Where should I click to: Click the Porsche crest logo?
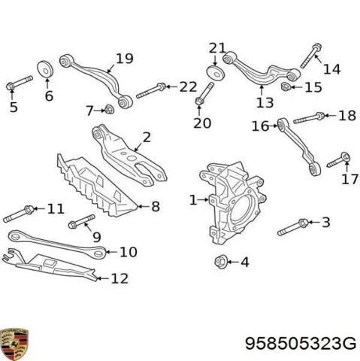14,344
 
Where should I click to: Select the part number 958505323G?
301,343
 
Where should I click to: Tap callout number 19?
125,59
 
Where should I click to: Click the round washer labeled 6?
45,69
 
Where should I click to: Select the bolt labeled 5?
20,83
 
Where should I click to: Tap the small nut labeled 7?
109,109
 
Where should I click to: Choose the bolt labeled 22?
151,90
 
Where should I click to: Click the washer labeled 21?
215,72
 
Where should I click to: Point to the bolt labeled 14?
311,56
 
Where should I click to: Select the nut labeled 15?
286,87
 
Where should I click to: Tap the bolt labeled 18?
309,118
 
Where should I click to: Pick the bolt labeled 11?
19,214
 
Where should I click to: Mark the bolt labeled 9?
82,221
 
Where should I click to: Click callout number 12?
119,278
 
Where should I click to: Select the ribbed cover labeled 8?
97,185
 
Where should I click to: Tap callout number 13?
265,102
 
